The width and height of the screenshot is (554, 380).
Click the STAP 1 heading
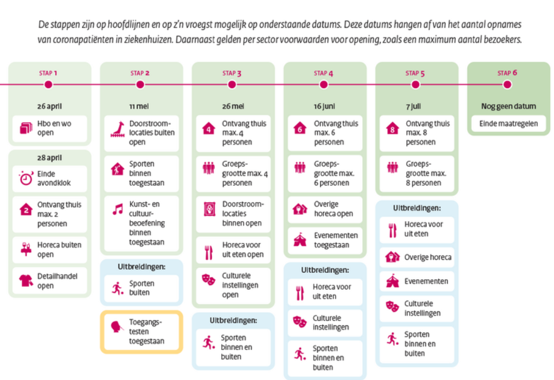(48, 73)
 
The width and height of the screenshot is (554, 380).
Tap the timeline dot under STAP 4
(324, 85)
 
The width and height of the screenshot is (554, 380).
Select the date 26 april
(49, 106)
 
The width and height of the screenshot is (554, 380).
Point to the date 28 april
(49, 158)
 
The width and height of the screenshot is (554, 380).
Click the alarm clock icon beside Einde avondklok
(26, 178)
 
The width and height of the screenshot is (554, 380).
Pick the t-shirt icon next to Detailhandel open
(26, 281)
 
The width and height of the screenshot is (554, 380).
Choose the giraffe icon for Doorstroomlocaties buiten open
(118, 130)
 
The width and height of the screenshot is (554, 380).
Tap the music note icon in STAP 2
(118, 209)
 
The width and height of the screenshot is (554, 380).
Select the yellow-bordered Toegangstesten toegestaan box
(142, 332)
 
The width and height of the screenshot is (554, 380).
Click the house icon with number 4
(209, 128)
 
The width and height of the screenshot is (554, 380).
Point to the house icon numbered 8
(392, 128)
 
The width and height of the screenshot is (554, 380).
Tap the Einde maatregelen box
(509, 124)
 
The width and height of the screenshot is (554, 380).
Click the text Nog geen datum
(509, 106)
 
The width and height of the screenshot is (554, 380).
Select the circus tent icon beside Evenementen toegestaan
(300, 240)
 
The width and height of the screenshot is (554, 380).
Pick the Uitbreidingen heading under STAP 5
(417, 208)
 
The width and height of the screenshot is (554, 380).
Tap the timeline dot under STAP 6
(507, 85)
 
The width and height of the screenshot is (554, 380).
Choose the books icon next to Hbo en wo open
(26, 128)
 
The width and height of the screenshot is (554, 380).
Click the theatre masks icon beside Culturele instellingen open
(209, 279)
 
